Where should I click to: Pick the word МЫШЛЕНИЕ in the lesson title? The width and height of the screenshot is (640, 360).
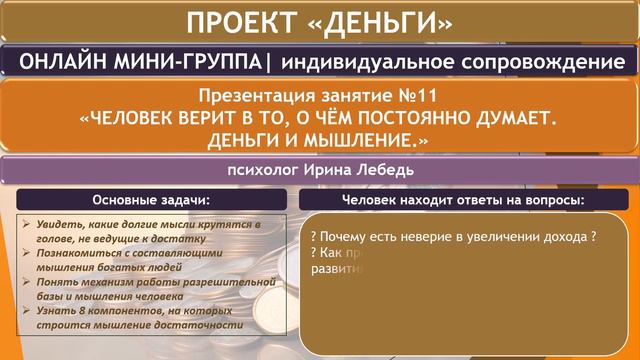click(359, 141)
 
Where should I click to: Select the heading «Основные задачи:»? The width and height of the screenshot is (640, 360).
click(150, 201)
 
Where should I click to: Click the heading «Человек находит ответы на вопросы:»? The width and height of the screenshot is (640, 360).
click(463, 201)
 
